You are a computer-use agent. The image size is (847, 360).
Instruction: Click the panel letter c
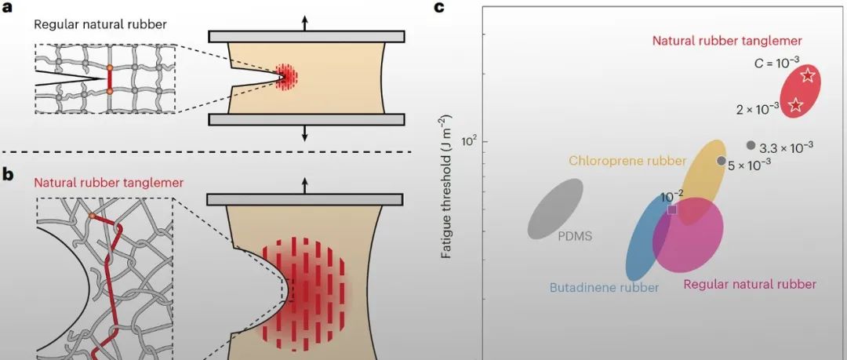[x=439, y=9]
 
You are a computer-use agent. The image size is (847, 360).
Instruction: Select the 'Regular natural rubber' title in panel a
[x=100, y=24]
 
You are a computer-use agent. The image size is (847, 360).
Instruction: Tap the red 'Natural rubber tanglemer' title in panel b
[x=101, y=182]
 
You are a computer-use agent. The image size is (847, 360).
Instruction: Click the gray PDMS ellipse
[x=555, y=208]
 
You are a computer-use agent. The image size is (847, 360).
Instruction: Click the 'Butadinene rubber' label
[x=602, y=287]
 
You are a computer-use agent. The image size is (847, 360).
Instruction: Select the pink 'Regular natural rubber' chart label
[x=750, y=284]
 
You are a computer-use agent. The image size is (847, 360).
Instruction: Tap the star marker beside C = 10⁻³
[x=809, y=76]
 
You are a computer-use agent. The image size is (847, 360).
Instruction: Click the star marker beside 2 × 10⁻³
[x=795, y=106]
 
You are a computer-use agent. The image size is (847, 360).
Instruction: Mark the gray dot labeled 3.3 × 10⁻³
[x=751, y=145]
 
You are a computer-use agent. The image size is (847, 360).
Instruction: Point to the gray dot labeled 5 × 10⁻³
[x=722, y=161]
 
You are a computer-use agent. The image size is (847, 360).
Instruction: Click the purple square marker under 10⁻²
[x=671, y=209]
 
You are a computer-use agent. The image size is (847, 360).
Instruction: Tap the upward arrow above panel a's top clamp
[x=305, y=22]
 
